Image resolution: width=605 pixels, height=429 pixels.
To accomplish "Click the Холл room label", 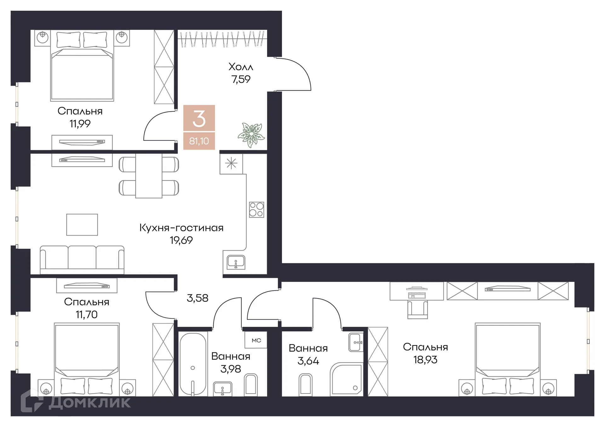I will [x=241, y=67].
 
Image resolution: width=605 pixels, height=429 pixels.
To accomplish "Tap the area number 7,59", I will [x=241, y=79].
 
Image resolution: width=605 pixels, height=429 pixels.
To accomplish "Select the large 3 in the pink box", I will [x=199, y=119].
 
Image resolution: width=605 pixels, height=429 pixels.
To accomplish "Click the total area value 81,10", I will [x=199, y=141].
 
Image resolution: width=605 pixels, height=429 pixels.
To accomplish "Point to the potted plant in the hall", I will [x=251, y=135].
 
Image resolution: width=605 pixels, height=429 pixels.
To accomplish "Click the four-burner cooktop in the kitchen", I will [x=256, y=210].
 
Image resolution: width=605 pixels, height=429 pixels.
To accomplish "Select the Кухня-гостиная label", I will [x=181, y=228].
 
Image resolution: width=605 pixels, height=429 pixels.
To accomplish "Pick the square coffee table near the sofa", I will [x=82, y=225].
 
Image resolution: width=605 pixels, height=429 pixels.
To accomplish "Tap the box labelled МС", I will [x=256, y=340].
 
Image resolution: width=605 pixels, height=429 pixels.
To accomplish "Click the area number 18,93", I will [x=425, y=360].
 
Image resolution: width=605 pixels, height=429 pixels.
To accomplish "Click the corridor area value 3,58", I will [x=198, y=298].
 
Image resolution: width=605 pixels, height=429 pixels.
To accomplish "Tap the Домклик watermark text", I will [x=90, y=402].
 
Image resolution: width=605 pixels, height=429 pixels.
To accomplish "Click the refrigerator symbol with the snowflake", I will [x=231, y=164].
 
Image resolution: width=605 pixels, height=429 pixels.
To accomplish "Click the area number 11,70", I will [x=87, y=314].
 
